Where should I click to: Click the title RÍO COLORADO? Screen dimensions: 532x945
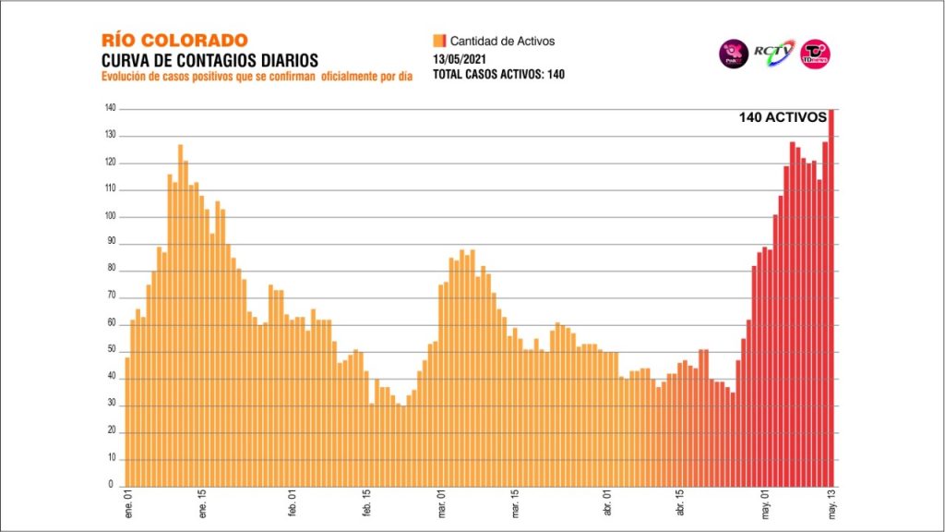pyautogui.click(x=175, y=41)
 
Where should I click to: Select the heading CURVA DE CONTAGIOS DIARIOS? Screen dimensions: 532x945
pyautogui.click(x=209, y=60)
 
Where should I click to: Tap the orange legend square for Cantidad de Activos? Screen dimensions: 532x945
pyautogui.click(x=439, y=41)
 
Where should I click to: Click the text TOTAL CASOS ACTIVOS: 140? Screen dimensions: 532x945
pyautogui.click(x=499, y=75)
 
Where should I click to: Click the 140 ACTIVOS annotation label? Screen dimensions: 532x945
pyautogui.click(x=782, y=117)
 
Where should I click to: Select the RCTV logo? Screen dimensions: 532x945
pyautogui.click(x=773, y=53)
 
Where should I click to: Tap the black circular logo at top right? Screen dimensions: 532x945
pyautogui.click(x=734, y=54)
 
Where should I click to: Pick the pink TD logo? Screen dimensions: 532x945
pyautogui.click(x=815, y=54)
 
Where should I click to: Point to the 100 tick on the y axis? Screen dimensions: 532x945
pyautogui.click(x=110, y=217)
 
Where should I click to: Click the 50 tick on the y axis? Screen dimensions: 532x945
pyautogui.click(x=112, y=350)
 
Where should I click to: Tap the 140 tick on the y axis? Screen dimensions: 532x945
pyautogui.click(x=110, y=109)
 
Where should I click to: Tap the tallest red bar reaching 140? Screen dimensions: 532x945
pyautogui.click(x=831, y=296)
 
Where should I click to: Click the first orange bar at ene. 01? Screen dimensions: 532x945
pyautogui.click(x=127, y=421)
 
